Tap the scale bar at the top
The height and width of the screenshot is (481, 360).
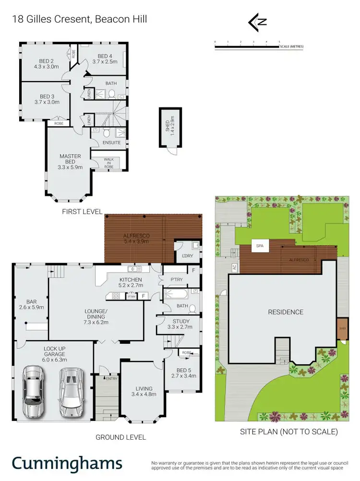(247, 47)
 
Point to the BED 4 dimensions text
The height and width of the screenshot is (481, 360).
(104, 61)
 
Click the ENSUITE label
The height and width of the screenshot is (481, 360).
(112, 143)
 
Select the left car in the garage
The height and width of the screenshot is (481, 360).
(33, 391)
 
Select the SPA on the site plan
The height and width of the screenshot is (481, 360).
(260, 246)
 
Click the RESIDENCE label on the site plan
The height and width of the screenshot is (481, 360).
(286, 312)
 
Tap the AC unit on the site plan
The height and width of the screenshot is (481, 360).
(234, 267)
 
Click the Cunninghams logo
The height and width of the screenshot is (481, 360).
(67, 464)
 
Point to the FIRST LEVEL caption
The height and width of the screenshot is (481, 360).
(83, 211)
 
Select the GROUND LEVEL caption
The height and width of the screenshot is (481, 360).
(120, 437)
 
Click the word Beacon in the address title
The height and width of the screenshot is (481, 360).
(110, 19)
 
